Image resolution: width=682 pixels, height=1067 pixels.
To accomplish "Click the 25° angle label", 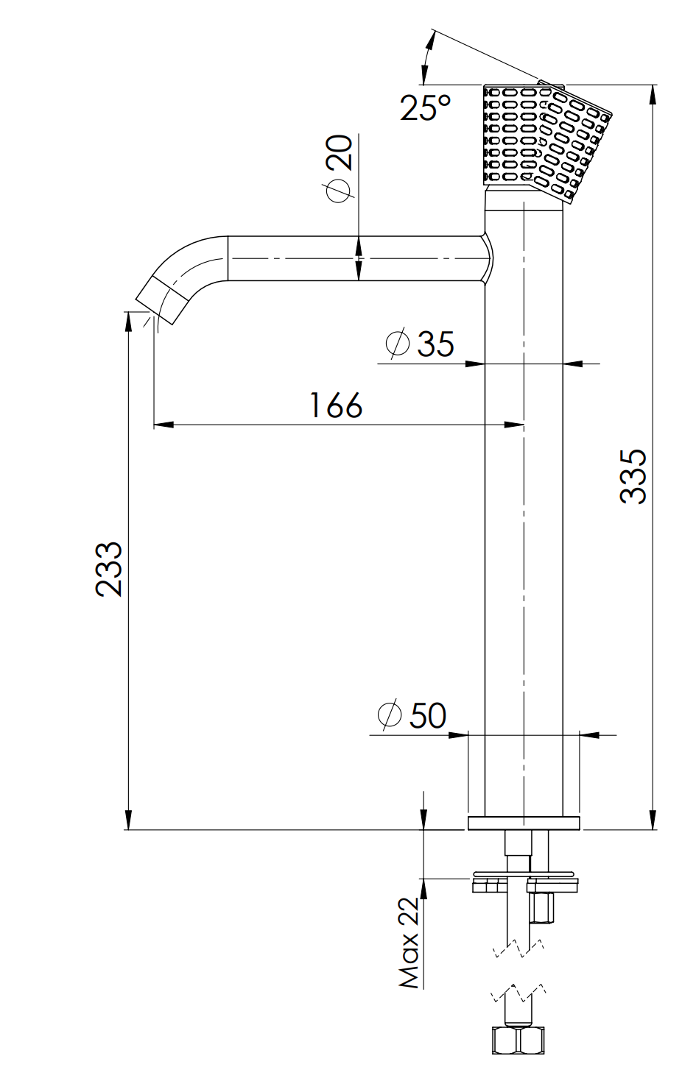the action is click(425, 107).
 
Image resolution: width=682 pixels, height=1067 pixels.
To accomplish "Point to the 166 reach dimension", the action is click(336, 405).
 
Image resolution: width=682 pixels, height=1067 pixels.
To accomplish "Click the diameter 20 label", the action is click(340, 169).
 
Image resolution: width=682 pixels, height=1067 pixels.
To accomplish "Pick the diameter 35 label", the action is click(420, 342).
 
